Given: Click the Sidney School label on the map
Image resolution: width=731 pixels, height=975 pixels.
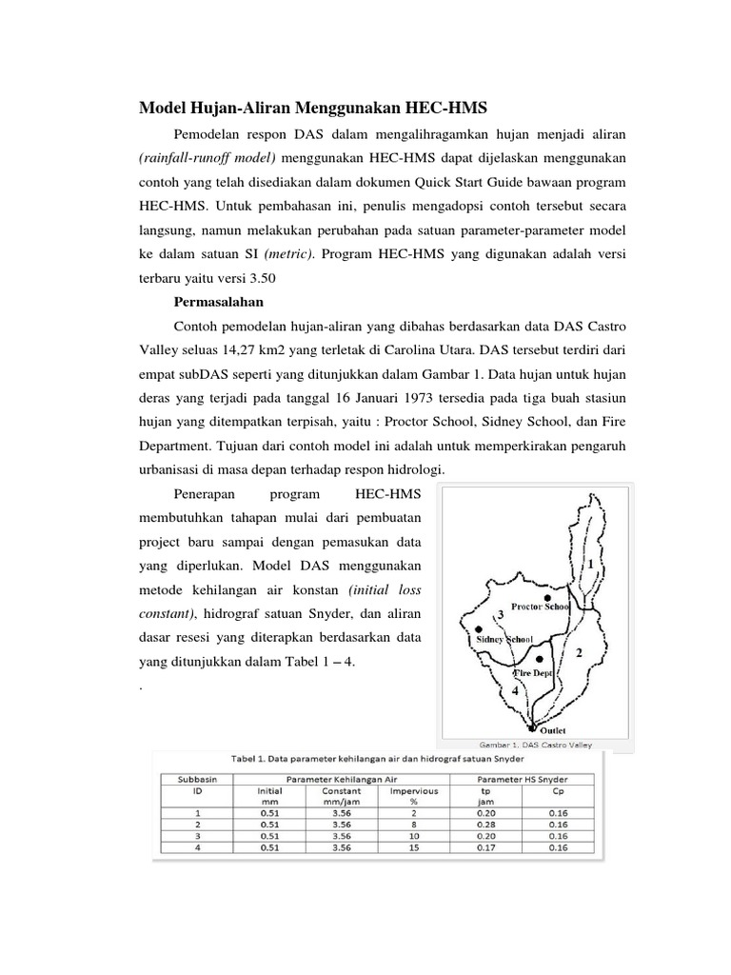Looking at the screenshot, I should point(504,640).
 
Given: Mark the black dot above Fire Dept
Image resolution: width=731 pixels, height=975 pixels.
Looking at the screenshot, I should point(539,658).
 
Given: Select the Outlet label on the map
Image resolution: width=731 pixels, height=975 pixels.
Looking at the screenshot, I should point(553,730).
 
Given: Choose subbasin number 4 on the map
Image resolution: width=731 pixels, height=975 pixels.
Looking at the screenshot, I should point(515,690).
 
